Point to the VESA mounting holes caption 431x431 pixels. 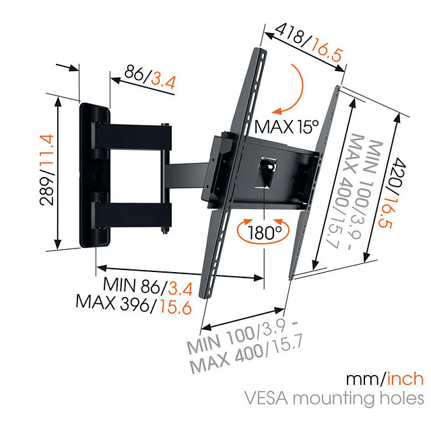click(x=358, y=398)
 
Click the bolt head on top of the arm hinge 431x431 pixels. click(x=165, y=125)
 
